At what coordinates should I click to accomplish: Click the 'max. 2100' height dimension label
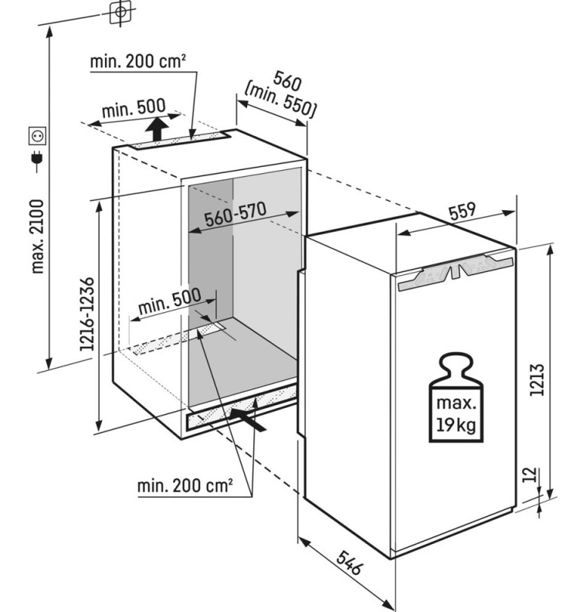pos(37,236)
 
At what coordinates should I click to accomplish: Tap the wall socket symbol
pos(37,135)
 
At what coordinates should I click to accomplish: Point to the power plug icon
pos(37,159)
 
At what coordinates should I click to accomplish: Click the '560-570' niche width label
pos(235,214)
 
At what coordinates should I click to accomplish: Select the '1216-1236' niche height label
pos(86,314)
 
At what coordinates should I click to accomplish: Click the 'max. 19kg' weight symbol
pos(456,398)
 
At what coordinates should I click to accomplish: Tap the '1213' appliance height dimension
pos(537,379)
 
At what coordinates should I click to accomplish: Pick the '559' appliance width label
pos(462,211)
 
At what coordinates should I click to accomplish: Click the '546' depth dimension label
pos(349,562)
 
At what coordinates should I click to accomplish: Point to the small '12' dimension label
pos(530,474)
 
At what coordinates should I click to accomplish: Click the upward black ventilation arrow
pos(158,128)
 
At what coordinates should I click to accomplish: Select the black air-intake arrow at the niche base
pos(249,419)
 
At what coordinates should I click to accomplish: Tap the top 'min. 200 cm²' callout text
pos(137,61)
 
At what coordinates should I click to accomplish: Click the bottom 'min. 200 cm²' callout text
pos(185,486)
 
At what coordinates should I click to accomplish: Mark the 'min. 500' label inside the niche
pos(170,301)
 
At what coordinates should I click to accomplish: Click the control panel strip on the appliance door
pos(456,271)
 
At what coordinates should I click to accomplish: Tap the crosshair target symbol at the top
pos(120,12)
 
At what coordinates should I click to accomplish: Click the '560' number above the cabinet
pos(287,81)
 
